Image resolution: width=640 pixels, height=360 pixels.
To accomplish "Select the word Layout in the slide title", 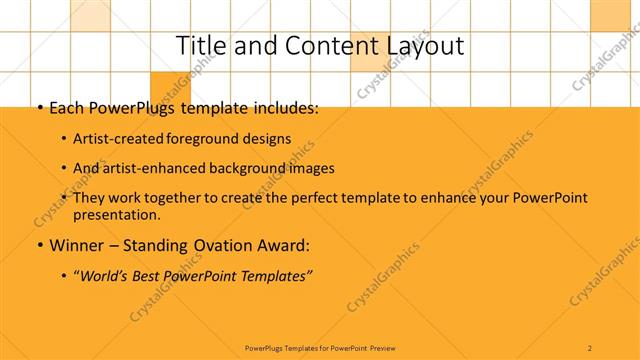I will point(419,46).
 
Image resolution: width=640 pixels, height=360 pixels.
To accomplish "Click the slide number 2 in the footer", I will point(590,347).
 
